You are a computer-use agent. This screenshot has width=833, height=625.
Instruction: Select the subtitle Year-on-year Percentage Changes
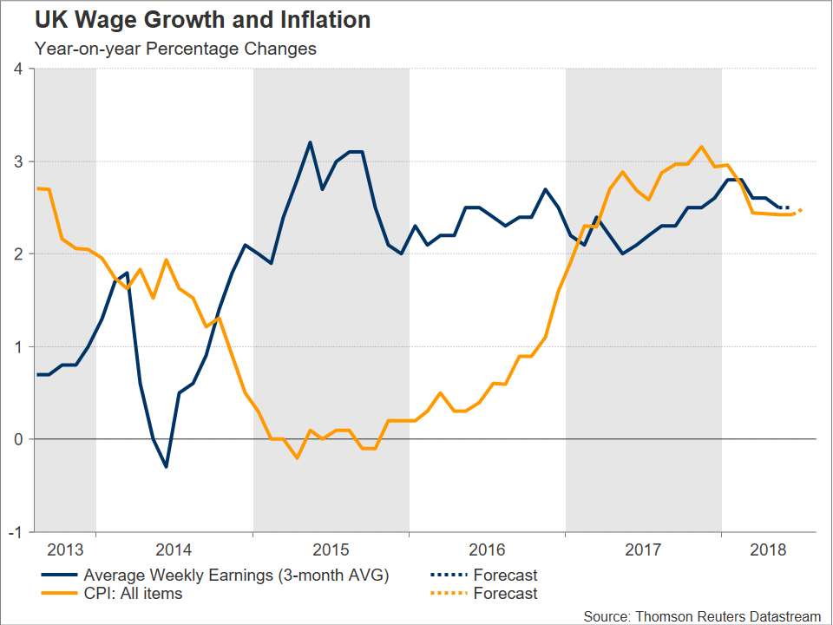[175, 49]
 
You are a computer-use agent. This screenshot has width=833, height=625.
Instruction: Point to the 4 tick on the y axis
[18, 69]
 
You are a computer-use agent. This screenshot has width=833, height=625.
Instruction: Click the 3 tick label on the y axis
[18, 161]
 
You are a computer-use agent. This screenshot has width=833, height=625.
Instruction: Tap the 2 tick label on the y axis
[18, 254]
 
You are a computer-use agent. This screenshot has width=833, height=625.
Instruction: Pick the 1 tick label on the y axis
[18, 346]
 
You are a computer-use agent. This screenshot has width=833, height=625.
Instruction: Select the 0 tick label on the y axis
[18, 439]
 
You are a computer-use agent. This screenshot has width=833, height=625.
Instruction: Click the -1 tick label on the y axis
[16, 531]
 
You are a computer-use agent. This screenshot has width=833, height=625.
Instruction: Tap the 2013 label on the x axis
[65, 549]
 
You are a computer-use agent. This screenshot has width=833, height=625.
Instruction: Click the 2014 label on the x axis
[174, 549]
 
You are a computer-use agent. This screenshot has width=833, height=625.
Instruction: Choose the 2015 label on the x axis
[331, 549]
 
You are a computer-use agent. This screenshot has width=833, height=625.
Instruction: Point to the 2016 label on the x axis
[487, 549]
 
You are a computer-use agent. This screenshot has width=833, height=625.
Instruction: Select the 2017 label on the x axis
[643, 549]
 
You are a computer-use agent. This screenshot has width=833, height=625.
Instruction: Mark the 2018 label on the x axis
[768, 549]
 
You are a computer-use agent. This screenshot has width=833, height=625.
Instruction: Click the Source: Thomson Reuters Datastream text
[701, 615]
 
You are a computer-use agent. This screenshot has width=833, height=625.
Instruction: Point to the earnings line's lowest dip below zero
[166, 467]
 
